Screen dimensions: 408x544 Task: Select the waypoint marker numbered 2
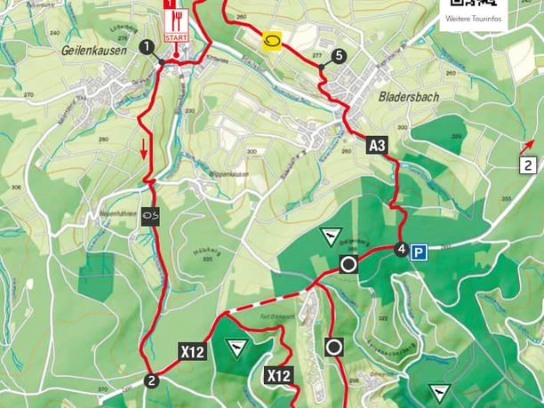pyautogui.click(x=151, y=381)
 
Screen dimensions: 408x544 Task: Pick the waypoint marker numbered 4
pyautogui.click(x=401, y=249)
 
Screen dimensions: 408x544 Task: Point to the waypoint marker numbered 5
pyautogui.click(x=338, y=56)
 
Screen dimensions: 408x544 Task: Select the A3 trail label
pyautogui.click(x=377, y=145)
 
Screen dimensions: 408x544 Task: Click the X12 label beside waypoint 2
pyautogui.click(x=193, y=351)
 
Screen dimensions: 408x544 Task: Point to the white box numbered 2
pyautogui.click(x=528, y=164)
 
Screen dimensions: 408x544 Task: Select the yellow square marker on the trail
pyautogui.click(x=272, y=41)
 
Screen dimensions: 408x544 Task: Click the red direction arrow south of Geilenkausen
pyautogui.click(x=143, y=152)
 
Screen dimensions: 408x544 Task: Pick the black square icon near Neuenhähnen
pyautogui.click(x=151, y=214)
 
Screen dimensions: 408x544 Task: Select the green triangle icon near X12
pyautogui.click(x=236, y=347)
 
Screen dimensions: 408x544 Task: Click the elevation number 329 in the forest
pyautogui.click(x=457, y=136)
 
